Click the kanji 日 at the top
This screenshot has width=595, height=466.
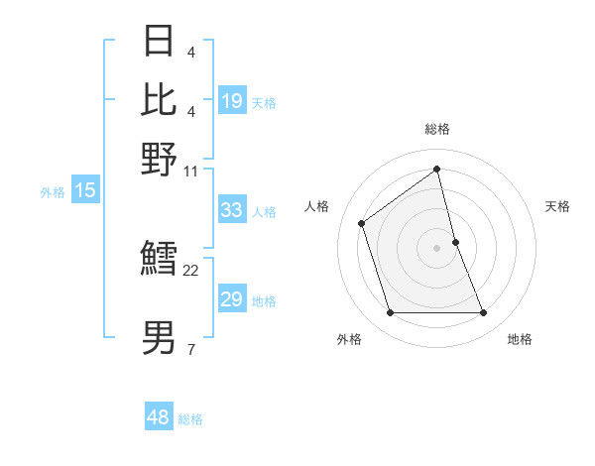(x=159, y=42)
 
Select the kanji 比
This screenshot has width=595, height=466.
(x=159, y=98)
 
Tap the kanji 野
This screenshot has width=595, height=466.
(x=159, y=159)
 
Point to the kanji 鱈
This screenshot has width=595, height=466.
(x=159, y=260)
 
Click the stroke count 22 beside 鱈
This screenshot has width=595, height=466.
(x=191, y=270)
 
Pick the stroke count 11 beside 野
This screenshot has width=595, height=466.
(x=191, y=171)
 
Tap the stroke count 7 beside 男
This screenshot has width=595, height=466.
(x=190, y=349)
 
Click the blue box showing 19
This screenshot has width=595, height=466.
(x=232, y=100)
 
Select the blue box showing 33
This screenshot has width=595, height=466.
(x=232, y=210)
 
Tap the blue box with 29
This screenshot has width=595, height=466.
(x=232, y=299)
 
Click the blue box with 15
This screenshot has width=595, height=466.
(x=85, y=191)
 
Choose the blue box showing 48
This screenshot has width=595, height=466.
(x=159, y=417)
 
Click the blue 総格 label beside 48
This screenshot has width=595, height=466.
(x=190, y=419)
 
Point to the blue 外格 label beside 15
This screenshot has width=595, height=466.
(x=52, y=192)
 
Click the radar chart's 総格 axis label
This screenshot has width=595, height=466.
(x=437, y=129)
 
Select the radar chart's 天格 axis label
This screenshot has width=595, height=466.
(x=558, y=206)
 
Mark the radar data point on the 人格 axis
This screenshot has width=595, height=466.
(x=362, y=223)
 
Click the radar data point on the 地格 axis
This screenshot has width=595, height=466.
(x=484, y=313)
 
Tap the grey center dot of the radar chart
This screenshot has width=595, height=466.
(x=437, y=248)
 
